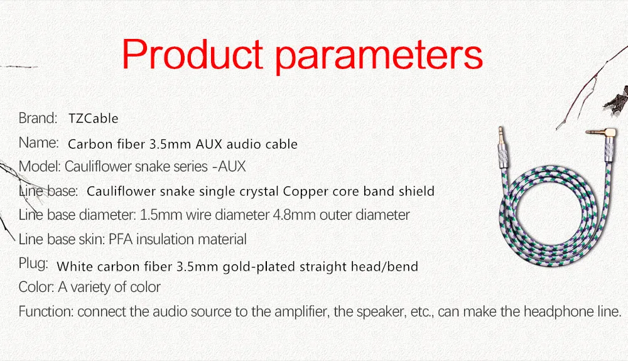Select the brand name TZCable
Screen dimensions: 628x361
(94, 119)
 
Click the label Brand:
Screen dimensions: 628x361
(38, 118)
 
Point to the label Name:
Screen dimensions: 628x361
(39, 143)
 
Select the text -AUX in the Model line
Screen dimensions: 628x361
(229, 166)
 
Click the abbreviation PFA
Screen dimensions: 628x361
(121, 239)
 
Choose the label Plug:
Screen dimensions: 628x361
(33, 264)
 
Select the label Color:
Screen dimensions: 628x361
(36, 287)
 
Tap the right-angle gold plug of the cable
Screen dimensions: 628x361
(602, 134)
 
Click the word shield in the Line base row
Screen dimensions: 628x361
(416, 191)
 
